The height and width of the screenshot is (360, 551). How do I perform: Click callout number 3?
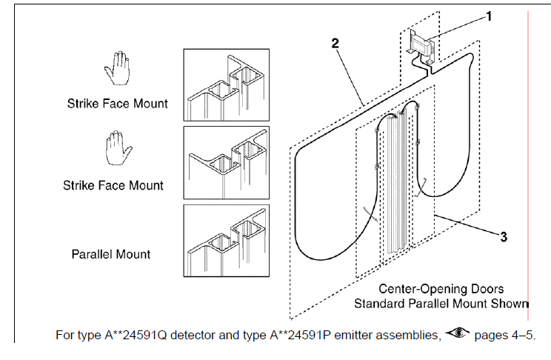point(503,237)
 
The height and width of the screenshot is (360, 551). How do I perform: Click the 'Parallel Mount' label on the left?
point(110,254)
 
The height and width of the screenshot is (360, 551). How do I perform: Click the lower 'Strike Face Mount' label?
point(113,185)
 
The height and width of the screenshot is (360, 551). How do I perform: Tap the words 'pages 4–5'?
point(504,336)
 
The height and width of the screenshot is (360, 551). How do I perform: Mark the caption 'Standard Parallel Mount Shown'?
point(441,303)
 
